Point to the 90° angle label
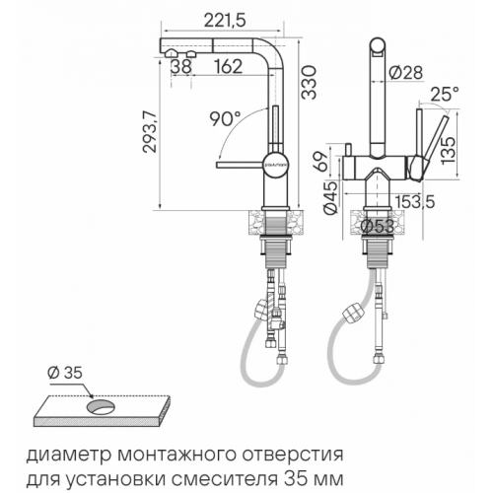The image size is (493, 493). (225, 119)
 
